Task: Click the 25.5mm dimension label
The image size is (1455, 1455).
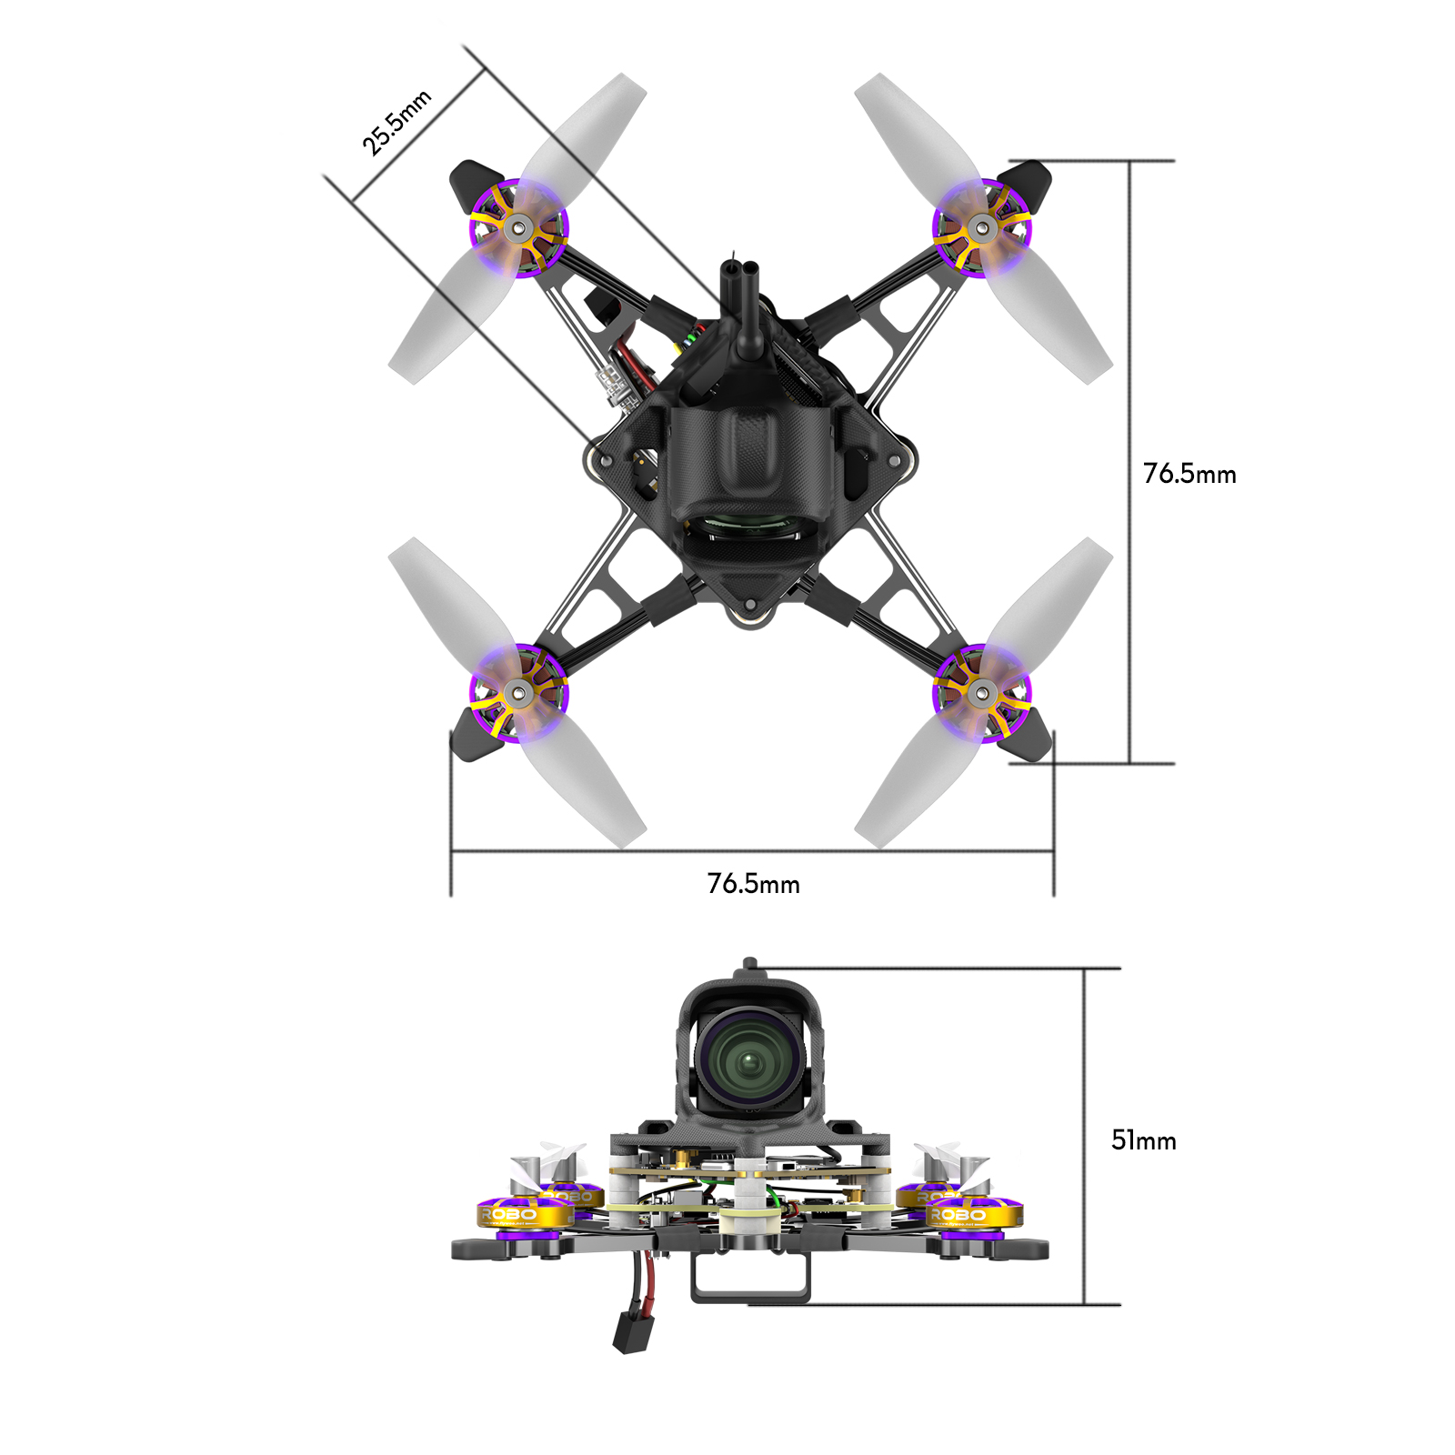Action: tap(396, 123)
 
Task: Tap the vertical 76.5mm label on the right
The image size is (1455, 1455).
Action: tap(1189, 474)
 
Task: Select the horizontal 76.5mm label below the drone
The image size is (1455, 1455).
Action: tap(753, 884)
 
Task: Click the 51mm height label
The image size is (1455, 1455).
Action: tap(1143, 1140)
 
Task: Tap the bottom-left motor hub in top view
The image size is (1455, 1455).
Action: tap(519, 694)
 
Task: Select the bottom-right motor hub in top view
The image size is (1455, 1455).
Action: tap(980, 694)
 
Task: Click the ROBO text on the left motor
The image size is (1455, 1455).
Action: tap(510, 1215)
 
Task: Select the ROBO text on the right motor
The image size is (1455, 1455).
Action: tap(958, 1215)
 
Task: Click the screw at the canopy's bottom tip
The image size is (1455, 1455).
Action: tap(749, 605)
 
